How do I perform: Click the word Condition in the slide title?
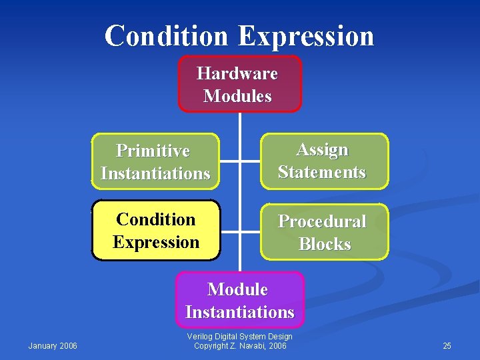(x=167, y=35)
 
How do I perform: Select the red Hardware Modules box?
(x=239, y=84)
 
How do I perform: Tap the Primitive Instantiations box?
(x=155, y=161)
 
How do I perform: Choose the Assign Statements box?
(x=323, y=161)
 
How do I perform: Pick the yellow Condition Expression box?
(x=155, y=230)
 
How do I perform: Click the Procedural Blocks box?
(x=324, y=232)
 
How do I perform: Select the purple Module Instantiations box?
(x=239, y=300)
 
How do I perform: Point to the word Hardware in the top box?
(x=237, y=73)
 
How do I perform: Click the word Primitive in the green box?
(x=153, y=151)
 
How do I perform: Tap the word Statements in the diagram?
(x=322, y=172)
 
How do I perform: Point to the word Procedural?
(x=322, y=221)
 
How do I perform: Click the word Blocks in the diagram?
(x=325, y=244)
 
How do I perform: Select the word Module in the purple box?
(x=237, y=289)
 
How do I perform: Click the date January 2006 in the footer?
(x=53, y=345)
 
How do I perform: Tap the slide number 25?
(x=447, y=345)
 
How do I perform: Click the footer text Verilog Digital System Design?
(x=240, y=337)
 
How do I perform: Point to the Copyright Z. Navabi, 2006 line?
(x=240, y=346)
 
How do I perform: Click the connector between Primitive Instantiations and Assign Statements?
(x=239, y=161)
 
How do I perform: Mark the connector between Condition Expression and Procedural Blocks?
(x=239, y=231)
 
